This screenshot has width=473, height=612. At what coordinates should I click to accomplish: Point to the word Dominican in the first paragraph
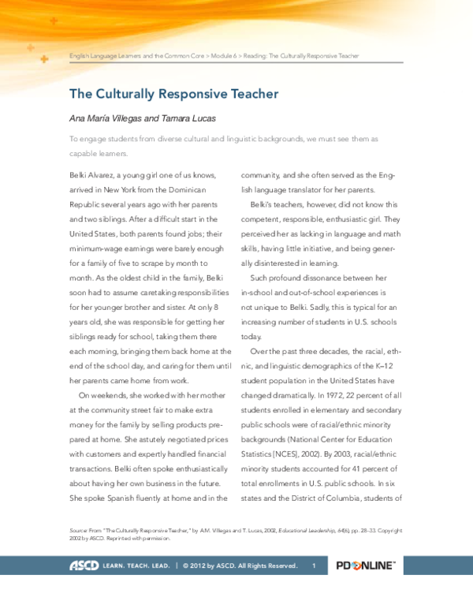(x=184, y=190)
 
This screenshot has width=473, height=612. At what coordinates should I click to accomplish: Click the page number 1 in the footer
(x=313, y=565)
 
